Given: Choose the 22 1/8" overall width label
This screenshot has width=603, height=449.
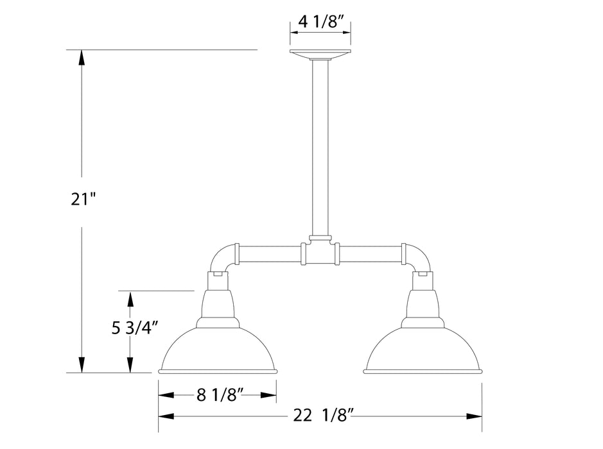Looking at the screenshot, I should point(320,416).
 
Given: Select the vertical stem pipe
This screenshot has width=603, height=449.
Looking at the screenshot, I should point(320,148).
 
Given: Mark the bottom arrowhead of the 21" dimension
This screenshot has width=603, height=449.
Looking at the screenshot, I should point(82,366).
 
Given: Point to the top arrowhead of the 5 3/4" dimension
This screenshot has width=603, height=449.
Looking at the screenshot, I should point(130,298).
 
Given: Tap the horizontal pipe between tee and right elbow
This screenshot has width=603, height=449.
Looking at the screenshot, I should point(369,254).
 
